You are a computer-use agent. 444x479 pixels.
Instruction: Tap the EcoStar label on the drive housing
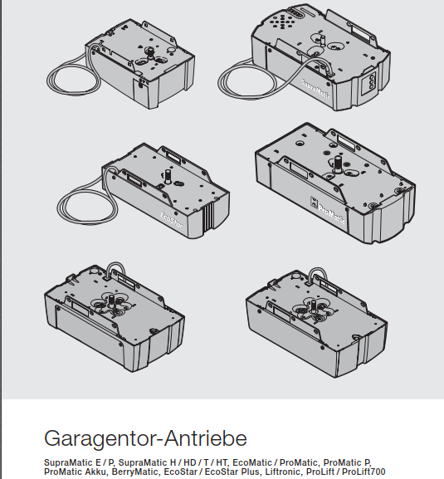point(172,221)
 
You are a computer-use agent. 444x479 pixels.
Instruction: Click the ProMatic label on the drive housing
point(332,214)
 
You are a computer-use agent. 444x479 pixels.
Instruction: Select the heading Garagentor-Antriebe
point(145,438)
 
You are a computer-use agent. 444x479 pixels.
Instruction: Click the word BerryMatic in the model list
point(134,472)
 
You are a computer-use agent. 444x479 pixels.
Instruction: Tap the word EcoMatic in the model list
point(252,462)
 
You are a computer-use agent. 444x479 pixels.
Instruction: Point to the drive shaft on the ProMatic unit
point(338,164)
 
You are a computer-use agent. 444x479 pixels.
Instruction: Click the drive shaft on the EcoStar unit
point(168,177)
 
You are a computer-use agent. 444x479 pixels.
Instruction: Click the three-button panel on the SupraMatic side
point(371,82)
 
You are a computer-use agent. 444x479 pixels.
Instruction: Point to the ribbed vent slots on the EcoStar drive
point(208,217)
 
